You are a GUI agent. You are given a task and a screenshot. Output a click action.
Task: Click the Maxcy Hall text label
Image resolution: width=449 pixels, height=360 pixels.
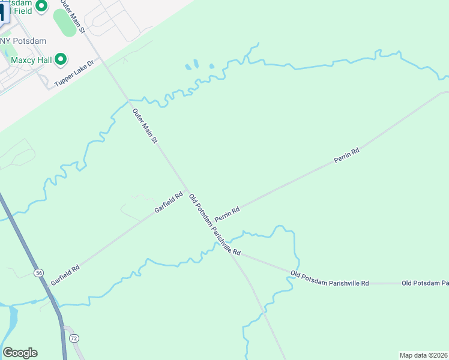point(29,60)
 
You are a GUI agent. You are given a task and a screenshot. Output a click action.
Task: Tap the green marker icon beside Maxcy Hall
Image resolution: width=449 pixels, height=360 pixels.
point(60,59)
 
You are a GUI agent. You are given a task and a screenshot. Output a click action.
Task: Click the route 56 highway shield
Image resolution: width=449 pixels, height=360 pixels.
point(39,273)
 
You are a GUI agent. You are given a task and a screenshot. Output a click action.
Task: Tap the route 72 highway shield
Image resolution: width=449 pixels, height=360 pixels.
point(73,339)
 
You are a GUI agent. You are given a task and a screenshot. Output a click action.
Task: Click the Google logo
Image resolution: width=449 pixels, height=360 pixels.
point(20,353)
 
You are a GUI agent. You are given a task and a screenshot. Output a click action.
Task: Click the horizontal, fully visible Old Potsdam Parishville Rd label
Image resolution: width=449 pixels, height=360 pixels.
point(330,278)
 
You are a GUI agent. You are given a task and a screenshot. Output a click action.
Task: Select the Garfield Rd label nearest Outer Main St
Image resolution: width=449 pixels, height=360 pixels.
point(168,203)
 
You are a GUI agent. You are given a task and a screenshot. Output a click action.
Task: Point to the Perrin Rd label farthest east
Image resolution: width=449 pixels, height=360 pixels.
point(346,156)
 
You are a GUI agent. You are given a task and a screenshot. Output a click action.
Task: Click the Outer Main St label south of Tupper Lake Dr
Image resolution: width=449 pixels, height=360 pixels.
point(145,125)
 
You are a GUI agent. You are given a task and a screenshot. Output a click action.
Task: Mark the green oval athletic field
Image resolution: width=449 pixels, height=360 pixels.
point(65,23)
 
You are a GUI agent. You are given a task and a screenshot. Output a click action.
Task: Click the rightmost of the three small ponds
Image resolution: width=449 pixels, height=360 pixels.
point(211,67)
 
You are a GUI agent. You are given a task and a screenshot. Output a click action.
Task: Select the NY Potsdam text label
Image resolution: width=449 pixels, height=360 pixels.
point(24,40)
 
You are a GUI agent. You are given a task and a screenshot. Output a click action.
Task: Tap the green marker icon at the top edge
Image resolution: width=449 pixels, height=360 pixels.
point(41,6)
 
